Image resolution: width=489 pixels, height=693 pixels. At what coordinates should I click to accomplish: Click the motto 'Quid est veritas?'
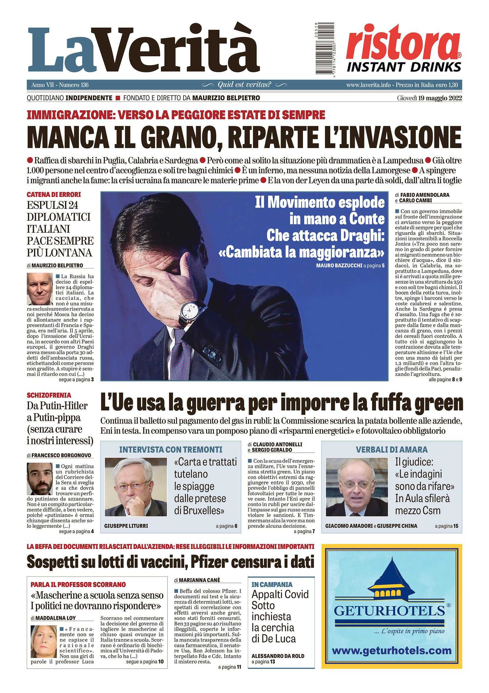click(x=244, y=85)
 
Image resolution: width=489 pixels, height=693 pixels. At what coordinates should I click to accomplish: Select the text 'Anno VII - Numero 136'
click(x=60, y=85)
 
